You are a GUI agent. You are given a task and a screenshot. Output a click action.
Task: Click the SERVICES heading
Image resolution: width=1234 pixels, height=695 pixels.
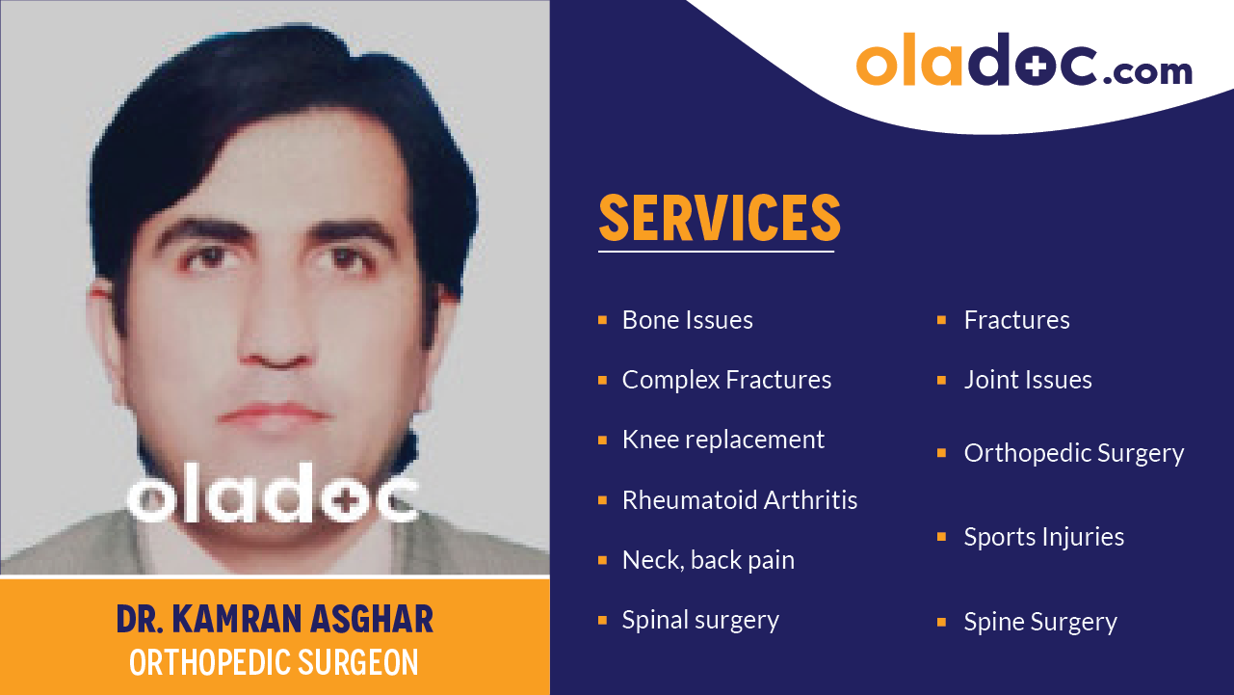click(719, 218)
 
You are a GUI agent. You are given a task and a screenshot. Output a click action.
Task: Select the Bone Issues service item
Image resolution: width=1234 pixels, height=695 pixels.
click(687, 320)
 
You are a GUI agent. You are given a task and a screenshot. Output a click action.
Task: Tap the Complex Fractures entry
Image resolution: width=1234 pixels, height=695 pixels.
click(726, 380)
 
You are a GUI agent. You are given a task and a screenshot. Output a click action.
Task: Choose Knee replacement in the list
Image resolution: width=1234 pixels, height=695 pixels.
click(722, 440)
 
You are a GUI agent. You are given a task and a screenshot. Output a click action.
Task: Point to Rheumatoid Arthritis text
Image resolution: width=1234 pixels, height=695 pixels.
click(739, 500)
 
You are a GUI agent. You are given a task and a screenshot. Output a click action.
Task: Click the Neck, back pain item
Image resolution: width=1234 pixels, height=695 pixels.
click(708, 560)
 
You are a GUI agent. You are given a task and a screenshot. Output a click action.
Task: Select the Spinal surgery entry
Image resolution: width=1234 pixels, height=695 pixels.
click(700, 620)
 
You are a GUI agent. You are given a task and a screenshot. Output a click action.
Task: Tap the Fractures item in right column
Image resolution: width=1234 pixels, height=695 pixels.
click(1016, 320)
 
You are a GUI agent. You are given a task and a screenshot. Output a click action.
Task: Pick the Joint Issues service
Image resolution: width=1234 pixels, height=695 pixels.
click(1028, 380)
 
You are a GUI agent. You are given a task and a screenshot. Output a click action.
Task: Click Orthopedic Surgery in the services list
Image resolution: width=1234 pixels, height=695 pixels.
click(1073, 453)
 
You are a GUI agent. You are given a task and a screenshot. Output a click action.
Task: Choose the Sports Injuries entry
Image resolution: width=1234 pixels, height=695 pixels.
click(1043, 537)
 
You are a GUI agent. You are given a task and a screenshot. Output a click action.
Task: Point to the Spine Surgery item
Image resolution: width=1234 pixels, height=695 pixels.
click(1040, 622)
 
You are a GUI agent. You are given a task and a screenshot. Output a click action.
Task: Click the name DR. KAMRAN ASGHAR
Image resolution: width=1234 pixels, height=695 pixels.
click(275, 620)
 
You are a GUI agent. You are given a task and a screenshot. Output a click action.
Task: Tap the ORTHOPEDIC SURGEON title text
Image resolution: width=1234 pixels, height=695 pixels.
click(275, 663)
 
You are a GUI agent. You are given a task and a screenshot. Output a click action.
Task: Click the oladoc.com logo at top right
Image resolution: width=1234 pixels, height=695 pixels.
click(1023, 62)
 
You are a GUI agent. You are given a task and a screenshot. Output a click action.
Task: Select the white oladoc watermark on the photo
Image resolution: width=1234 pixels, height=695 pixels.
click(273, 494)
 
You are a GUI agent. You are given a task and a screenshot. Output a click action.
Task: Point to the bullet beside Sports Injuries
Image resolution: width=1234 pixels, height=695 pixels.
click(942, 537)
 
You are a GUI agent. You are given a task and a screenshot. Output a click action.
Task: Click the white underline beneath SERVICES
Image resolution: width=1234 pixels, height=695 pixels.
click(716, 252)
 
